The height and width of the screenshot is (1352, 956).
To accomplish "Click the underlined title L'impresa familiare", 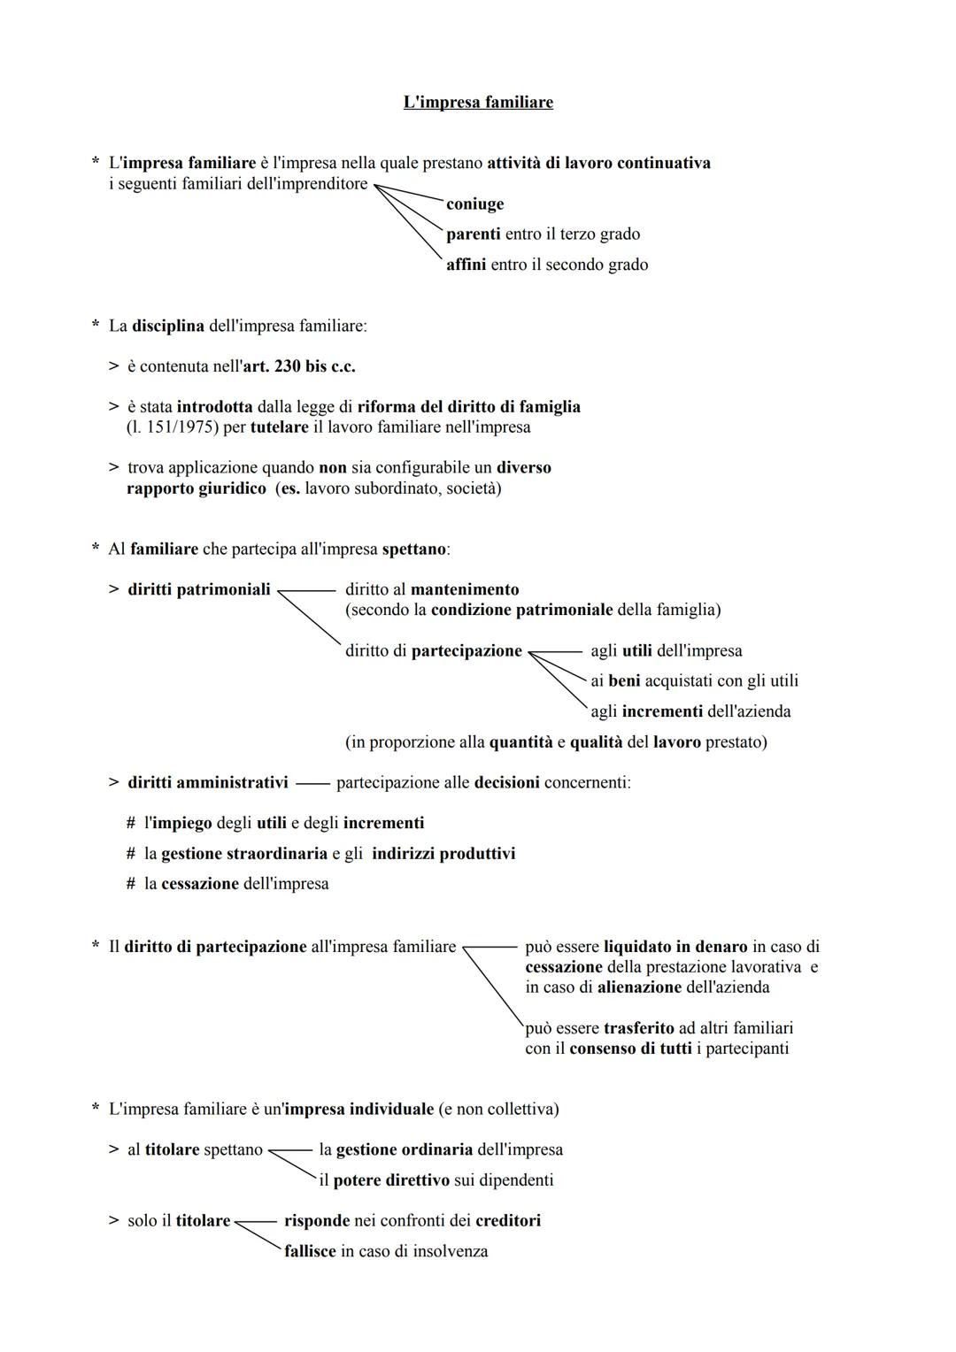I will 478,102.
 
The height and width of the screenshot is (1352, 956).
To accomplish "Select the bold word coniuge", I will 474,204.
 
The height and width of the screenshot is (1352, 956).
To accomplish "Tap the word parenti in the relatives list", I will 473,234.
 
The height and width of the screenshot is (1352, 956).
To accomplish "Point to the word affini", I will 466,265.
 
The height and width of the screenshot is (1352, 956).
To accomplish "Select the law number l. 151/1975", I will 173,427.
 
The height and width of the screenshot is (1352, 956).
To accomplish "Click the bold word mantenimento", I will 465,589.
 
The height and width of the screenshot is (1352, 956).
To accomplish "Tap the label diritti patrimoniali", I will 198,589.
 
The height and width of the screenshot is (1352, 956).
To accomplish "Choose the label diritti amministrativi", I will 207,782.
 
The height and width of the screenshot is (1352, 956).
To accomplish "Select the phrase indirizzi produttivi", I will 443,854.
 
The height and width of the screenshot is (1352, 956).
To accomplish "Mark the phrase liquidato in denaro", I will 675,947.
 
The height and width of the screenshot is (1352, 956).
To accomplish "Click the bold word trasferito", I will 638,1028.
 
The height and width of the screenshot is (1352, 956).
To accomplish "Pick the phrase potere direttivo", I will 390,1180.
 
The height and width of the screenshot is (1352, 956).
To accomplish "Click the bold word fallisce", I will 310,1252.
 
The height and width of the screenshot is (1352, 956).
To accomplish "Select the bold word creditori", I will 507,1221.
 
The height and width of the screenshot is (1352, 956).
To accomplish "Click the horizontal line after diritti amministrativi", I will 312,783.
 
